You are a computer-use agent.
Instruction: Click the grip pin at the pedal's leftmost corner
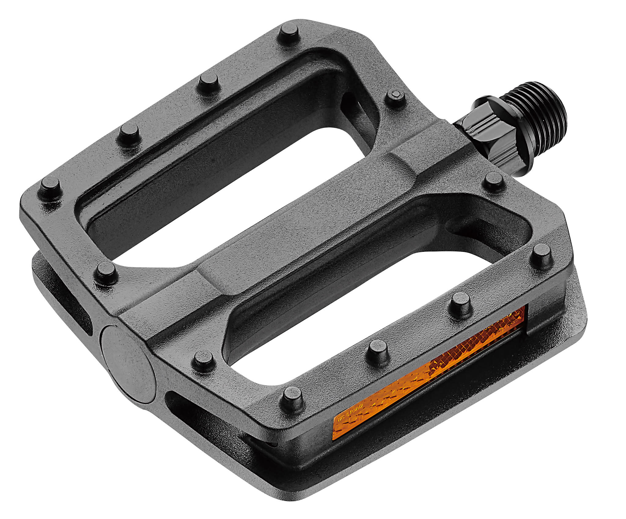[x=50, y=186]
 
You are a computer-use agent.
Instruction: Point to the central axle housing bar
[x=275, y=239]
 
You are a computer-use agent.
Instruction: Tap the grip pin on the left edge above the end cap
[x=106, y=272]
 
